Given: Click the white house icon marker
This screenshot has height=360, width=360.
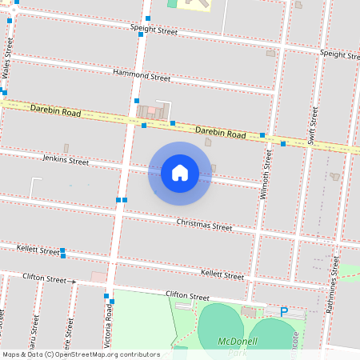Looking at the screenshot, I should (179, 172).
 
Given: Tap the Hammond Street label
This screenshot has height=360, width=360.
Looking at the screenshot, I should (142, 76).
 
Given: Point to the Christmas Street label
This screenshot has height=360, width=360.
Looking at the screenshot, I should (204, 225).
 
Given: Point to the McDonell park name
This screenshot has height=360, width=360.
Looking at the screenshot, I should (238, 342).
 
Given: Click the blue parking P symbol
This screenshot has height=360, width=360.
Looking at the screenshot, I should (284, 312).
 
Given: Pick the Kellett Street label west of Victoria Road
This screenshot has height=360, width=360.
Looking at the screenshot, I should (38, 250).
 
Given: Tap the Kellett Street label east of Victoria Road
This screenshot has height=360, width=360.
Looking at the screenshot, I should (222, 274).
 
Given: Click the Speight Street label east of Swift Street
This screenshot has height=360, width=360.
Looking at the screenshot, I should (339, 54).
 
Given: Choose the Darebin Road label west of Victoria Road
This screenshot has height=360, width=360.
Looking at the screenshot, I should (55, 110).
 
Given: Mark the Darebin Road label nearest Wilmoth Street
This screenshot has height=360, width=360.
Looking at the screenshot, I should (220, 131).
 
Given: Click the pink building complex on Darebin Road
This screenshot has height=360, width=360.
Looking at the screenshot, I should (152, 111).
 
